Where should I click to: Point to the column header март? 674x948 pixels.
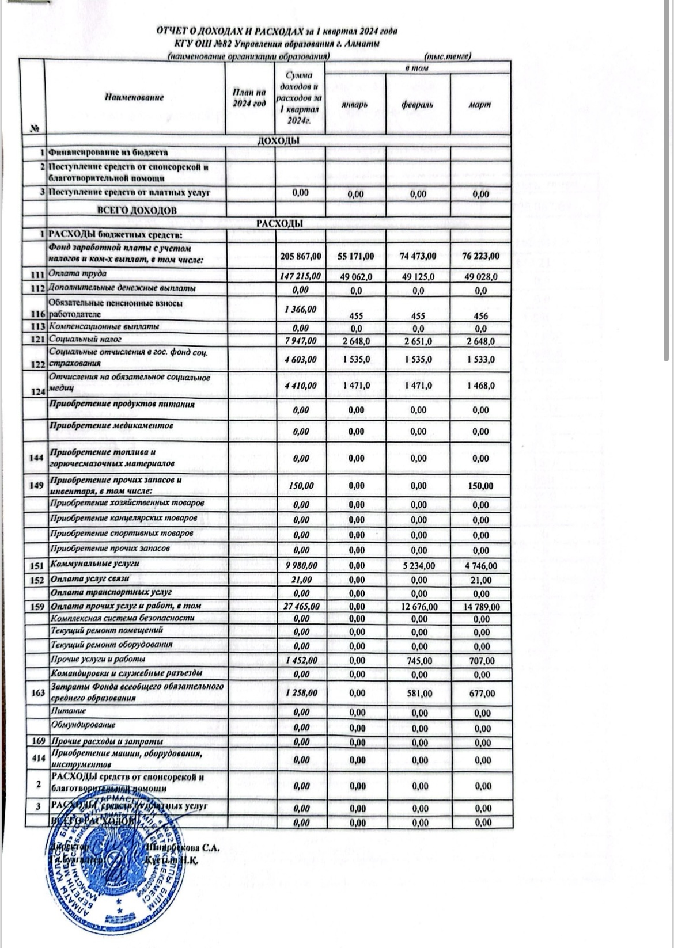(480, 105)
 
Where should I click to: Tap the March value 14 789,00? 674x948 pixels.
(481, 607)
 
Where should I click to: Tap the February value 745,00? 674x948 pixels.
(419, 661)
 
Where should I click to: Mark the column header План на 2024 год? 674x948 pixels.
(249, 98)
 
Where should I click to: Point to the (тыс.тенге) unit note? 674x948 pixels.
(448, 56)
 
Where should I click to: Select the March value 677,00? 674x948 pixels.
(482, 694)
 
